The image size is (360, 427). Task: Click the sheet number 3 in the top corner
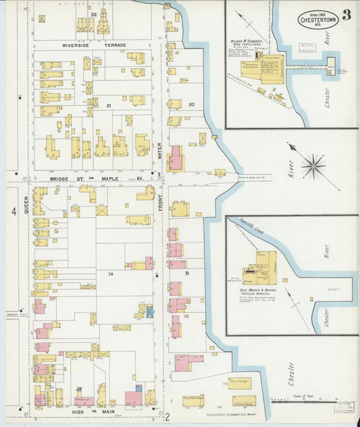pos(346,16)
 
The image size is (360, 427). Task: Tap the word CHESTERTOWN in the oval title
pos(318,20)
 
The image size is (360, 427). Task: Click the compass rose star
pos(313,165)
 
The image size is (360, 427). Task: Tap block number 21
pos(107,105)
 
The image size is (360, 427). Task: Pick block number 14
pos(109,274)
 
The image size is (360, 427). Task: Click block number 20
pos(191,105)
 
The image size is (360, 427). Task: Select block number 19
pos(187,273)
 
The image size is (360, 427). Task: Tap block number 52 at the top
pos(94,14)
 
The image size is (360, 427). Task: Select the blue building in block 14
pos(149,311)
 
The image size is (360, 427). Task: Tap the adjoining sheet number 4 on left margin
pos(13,212)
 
